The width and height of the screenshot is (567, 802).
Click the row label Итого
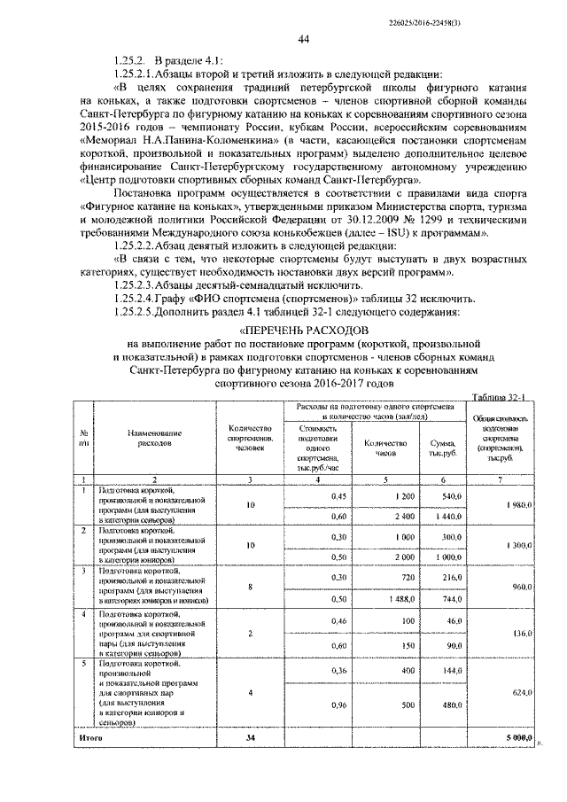91,736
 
